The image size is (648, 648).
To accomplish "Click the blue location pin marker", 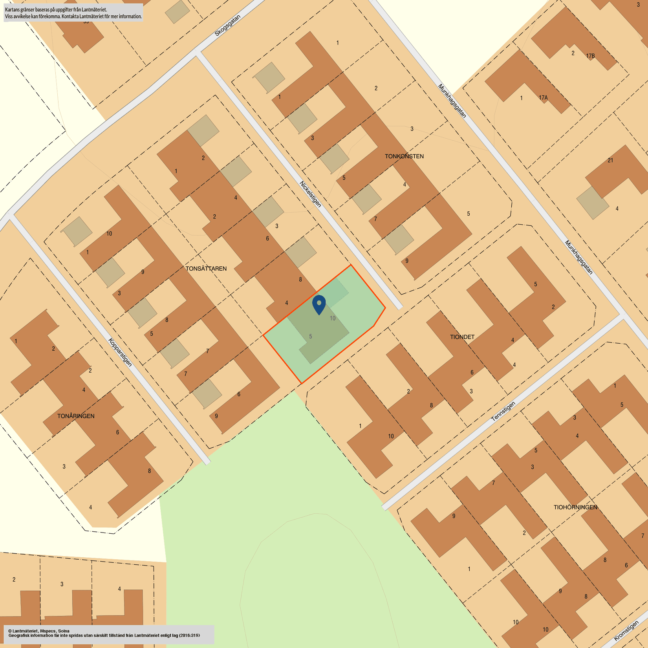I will tap(319, 304).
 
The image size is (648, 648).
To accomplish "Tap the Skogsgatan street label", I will tap(227, 26).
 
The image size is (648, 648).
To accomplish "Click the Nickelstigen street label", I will tap(310, 194).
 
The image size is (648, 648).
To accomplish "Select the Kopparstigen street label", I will tap(120, 352).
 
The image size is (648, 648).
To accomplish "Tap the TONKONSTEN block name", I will tap(404, 156).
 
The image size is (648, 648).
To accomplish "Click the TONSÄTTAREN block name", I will tap(206, 269).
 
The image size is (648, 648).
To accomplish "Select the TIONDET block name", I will tap(462, 337).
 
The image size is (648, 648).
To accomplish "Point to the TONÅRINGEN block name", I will tap(76, 416).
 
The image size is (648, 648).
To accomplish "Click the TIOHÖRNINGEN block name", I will tap(575, 507).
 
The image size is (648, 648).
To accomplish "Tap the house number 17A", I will tap(543, 98).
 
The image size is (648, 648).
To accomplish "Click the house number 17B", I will tap(590, 56).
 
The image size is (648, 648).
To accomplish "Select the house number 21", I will tap(610, 160).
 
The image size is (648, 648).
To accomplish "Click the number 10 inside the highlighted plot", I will tap(333, 318).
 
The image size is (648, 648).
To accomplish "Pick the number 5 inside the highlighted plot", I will tap(310, 337).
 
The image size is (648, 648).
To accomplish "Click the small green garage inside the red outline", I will tap(336, 293).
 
